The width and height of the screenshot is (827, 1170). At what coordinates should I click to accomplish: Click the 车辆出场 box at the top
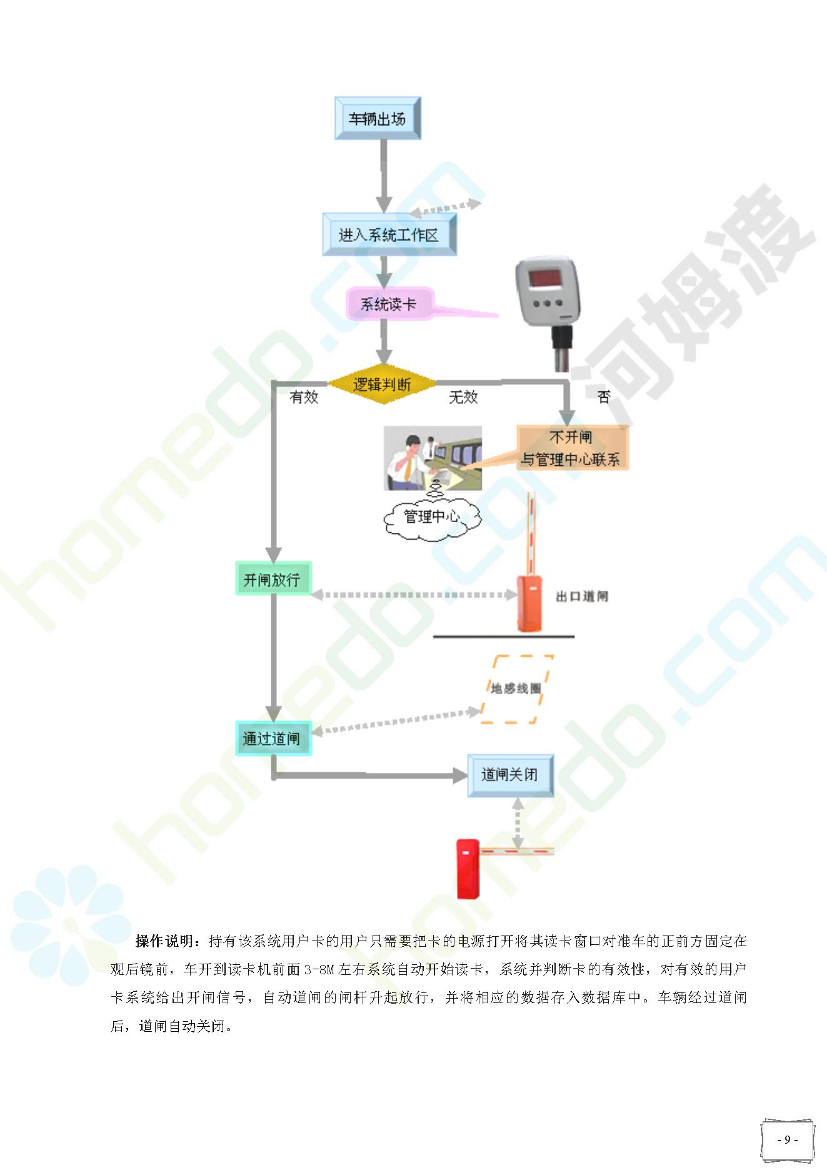[378, 118]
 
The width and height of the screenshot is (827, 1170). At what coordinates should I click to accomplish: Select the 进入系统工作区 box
[389, 235]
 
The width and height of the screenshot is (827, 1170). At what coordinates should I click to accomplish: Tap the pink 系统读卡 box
[388, 304]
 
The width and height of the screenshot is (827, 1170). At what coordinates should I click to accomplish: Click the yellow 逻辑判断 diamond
[382, 384]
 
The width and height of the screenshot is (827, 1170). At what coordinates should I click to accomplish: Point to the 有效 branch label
[304, 396]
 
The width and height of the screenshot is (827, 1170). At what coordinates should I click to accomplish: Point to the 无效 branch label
[463, 396]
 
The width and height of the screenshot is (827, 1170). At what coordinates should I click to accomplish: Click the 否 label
[603, 396]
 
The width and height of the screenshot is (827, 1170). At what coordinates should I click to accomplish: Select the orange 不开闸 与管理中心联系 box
[572, 448]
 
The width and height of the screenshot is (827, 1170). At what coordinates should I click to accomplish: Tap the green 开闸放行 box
[273, 579]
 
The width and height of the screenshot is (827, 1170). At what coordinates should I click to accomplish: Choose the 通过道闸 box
[273, 739]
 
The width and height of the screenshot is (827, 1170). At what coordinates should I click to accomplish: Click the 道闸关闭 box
[511, 775]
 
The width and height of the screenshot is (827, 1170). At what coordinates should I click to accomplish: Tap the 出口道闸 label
[582, 597]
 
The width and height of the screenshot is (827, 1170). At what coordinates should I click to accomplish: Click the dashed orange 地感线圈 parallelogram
[516, 689]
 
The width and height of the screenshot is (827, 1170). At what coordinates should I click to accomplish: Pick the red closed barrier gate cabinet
[468, 869]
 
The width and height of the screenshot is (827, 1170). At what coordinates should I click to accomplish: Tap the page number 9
[787, 1139]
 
